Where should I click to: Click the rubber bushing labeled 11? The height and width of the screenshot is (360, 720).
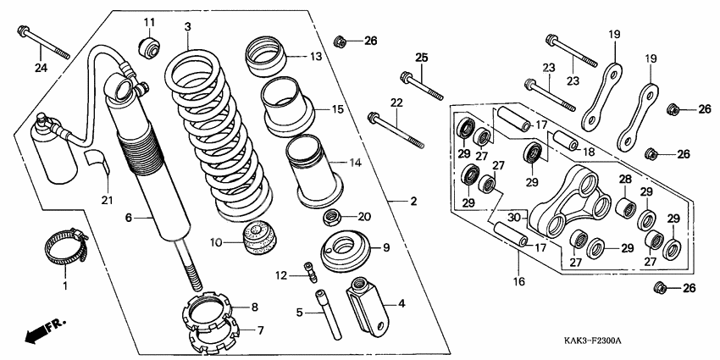[x=149, y=46]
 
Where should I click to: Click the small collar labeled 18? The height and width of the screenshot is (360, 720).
[x=564, y=143]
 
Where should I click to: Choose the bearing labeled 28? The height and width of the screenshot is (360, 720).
[x=625, y=206]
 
